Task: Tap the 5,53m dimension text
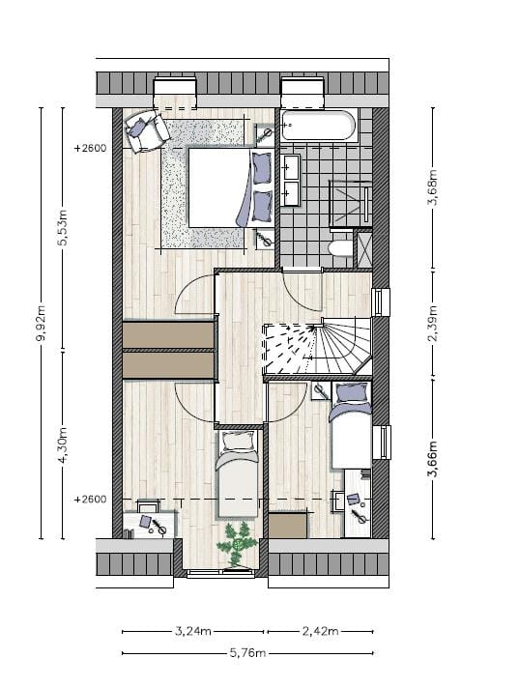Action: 64,228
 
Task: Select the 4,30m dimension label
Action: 64,445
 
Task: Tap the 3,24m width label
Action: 193,632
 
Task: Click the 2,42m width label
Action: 319,632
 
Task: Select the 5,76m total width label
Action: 247,654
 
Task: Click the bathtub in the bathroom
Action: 318,126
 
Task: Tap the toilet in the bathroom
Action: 340,248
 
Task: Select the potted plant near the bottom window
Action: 237,544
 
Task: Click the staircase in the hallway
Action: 319,349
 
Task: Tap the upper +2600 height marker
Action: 90,150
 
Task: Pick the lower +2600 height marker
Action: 90,500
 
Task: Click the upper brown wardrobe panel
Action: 168,334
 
